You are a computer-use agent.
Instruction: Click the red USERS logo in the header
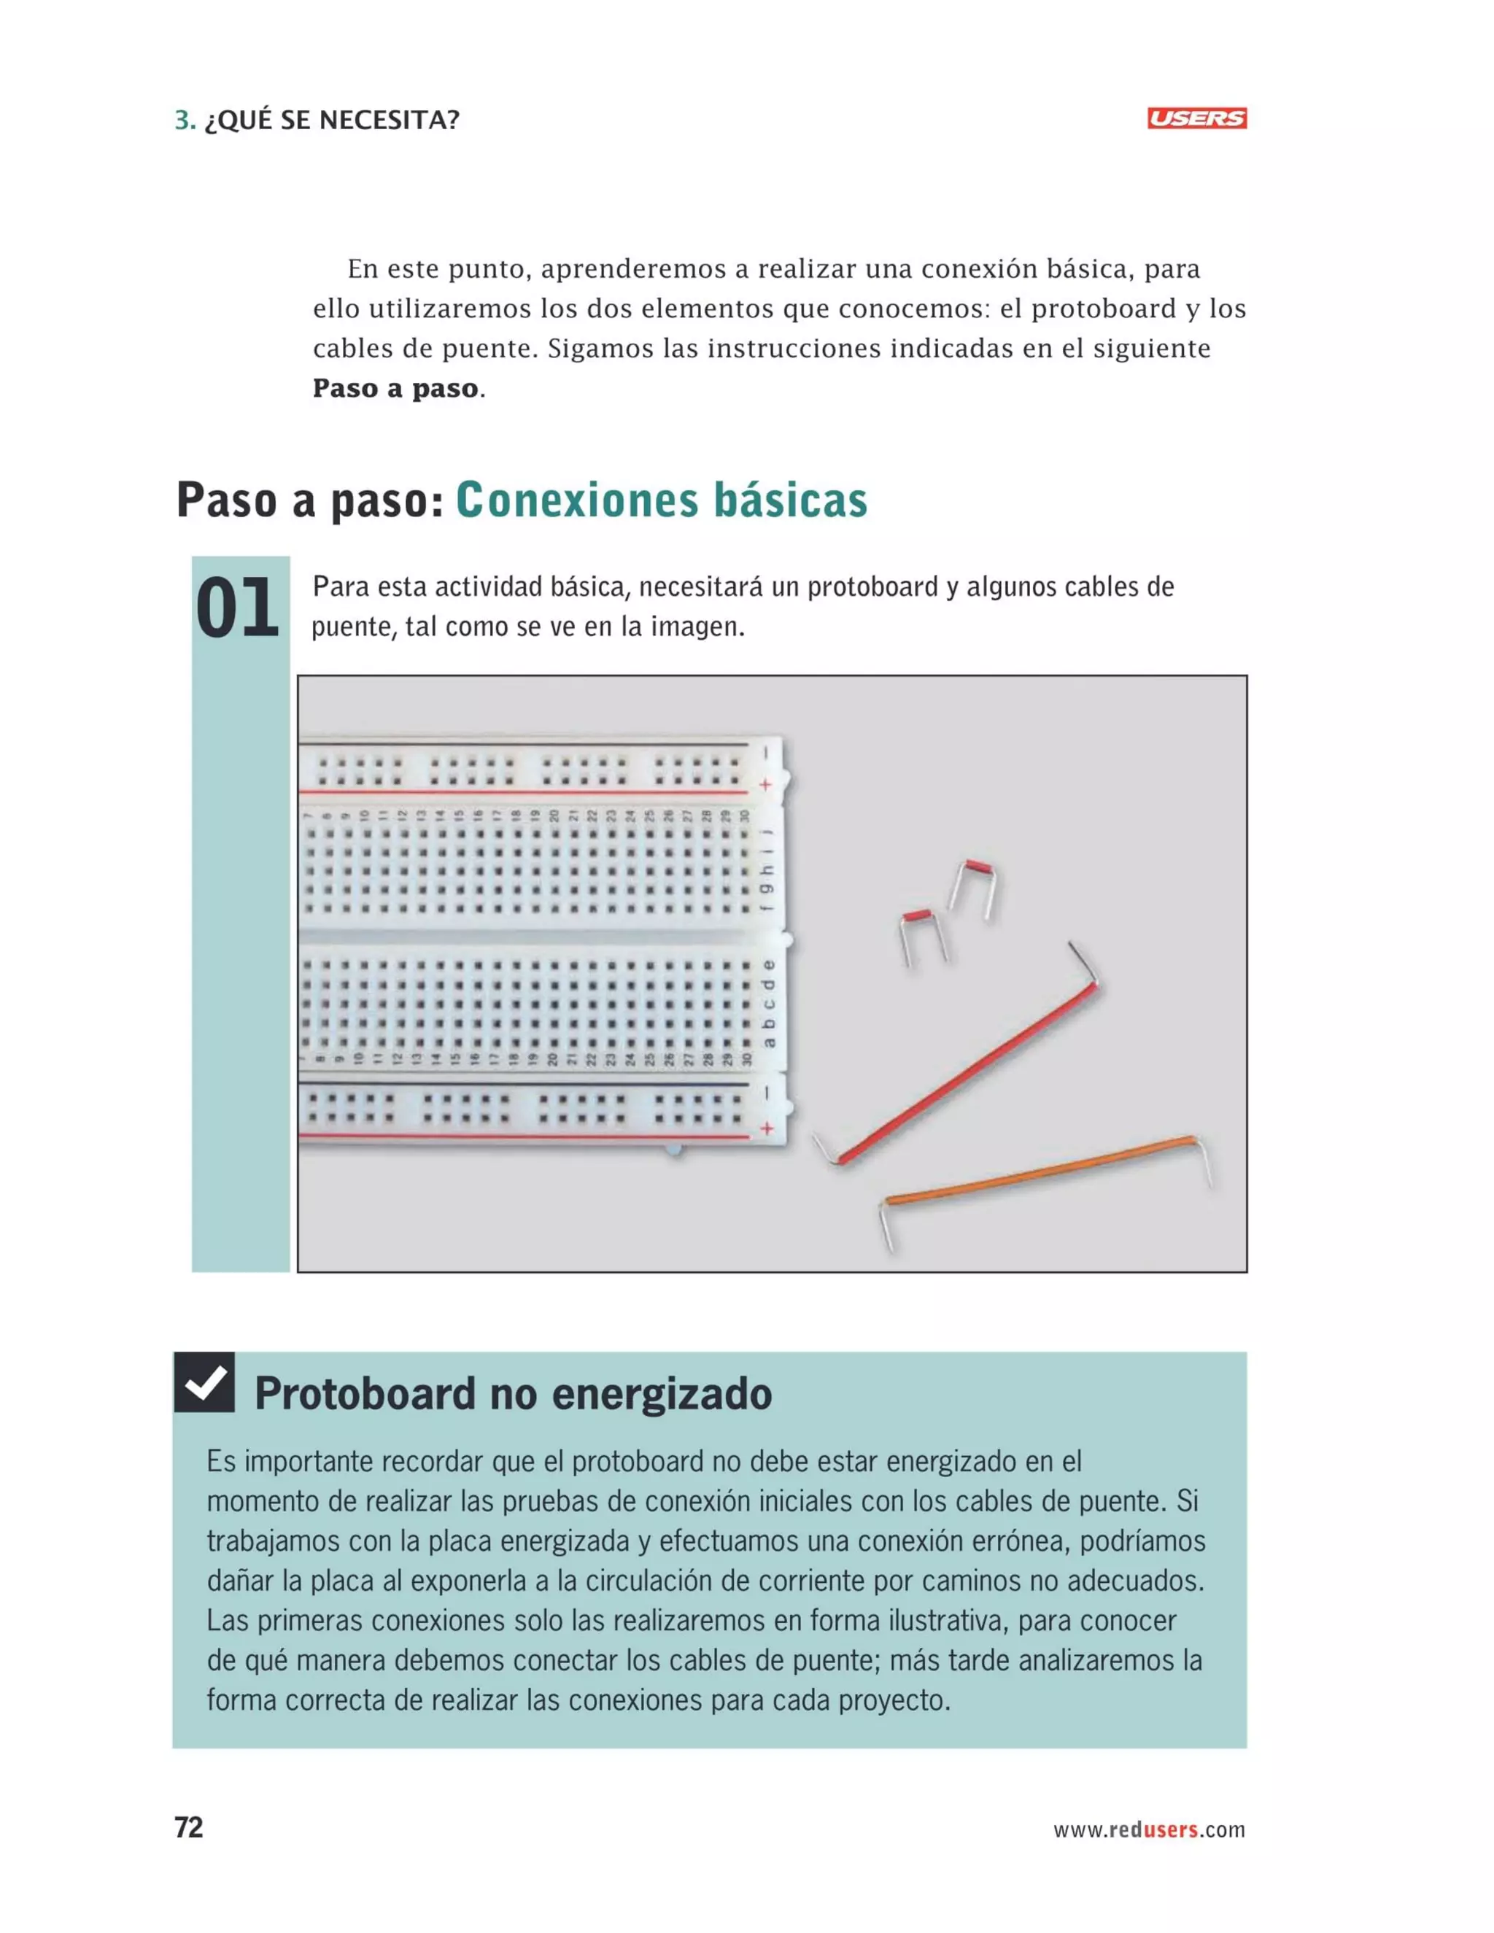coord(1196,119)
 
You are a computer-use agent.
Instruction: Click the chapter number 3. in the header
coord(185,120)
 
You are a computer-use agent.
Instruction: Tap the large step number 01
coord(237,608)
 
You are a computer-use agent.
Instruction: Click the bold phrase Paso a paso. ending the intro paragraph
coord(398,389)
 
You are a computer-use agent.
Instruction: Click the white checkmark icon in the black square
coord(204,1382)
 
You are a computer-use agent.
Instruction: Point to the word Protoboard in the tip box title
coord(365,1394)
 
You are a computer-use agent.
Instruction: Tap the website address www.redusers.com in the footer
coord(1148,1829)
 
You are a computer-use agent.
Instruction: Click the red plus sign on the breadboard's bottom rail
coord(767,1128)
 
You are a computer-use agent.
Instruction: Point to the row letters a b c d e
coord(768,1004)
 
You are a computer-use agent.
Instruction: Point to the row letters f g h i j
coord(768,871)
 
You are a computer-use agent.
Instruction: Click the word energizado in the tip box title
coord(662,1394)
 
